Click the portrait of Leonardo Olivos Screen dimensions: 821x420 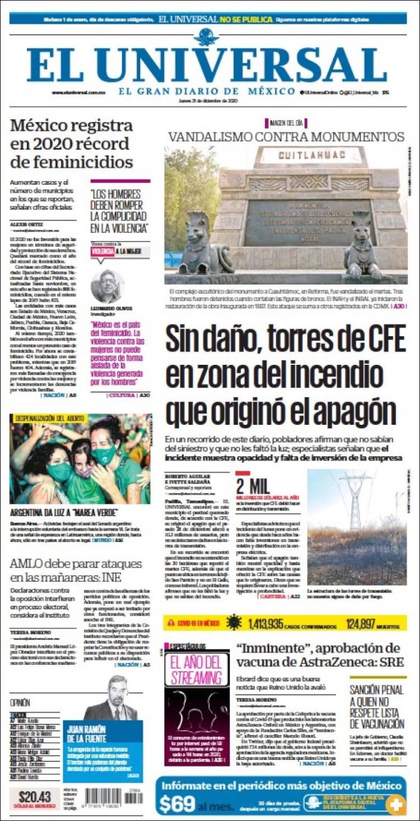[106, 286]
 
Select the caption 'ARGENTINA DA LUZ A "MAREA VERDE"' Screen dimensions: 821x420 [64, 512]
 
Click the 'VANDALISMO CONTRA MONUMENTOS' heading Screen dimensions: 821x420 [286, 137]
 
